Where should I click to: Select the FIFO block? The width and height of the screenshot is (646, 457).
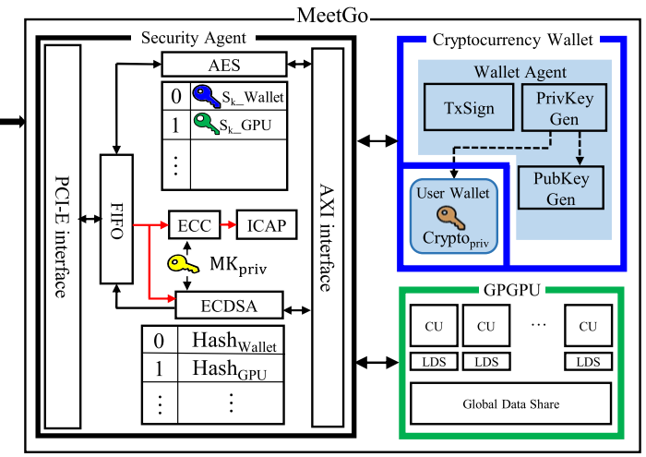[x=117, y=220]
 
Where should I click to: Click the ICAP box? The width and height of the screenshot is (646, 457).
[x=268, y=223]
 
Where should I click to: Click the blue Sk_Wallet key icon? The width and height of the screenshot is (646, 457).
[x=205, y=95]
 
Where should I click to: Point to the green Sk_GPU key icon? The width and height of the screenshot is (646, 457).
[x=205, y=122]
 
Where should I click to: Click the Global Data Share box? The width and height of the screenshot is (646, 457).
[x=510, y=403]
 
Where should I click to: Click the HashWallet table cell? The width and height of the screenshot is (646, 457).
[x=233, y=341]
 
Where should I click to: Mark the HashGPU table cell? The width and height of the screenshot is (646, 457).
[x=233, y=370]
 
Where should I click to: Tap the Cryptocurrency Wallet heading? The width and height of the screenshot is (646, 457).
[x=513, y=40]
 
